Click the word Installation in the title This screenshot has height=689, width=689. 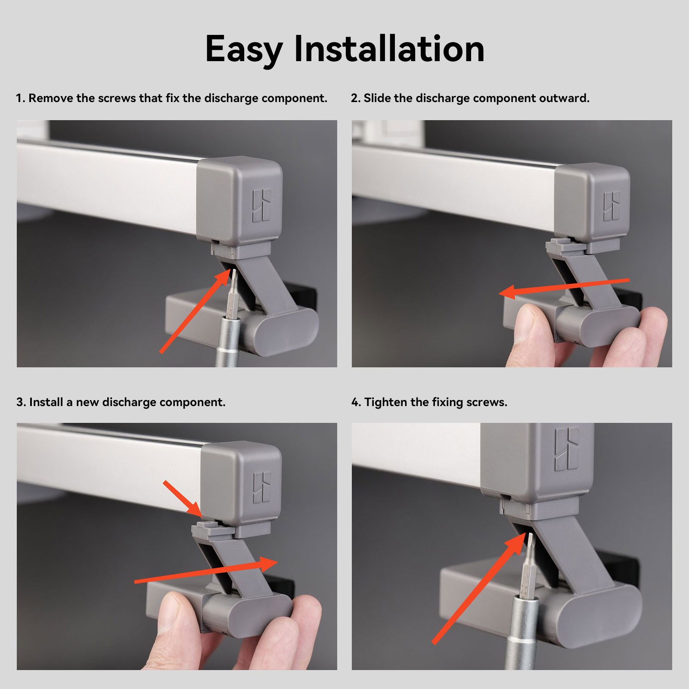[x=389, y=49]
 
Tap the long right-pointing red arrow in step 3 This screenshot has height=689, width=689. [x=206, y=570]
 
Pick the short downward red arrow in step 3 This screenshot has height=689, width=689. [x=183, y=499]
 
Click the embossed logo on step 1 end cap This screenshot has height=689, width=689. [x=261, y=205]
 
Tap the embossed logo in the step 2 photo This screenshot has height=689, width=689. [x=611, y=206]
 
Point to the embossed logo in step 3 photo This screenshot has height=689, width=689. [x=262, y=487]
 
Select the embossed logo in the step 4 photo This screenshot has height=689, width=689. [x=567, y=448]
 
